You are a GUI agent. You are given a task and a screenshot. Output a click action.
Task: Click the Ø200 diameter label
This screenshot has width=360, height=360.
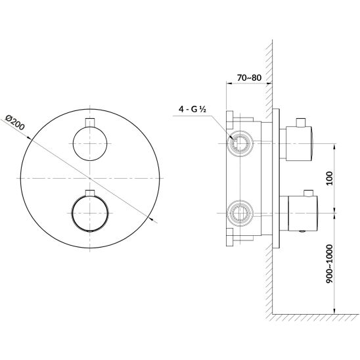click(x=14, y=122)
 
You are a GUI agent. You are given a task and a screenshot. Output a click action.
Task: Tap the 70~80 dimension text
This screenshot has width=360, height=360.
click(x=249, y=78)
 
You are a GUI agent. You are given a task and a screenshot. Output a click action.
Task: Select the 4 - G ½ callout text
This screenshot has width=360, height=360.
click(x=192, y=109)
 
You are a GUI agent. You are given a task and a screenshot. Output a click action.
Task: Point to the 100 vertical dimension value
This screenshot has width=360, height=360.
click(x=330, y=178)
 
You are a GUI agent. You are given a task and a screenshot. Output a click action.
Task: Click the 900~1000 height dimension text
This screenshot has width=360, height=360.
click(x=330, y=264)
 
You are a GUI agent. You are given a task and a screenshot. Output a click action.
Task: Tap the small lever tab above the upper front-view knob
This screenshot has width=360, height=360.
click(x=90, y=122)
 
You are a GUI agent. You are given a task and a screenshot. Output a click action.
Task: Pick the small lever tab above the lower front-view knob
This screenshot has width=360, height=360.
click(x=90, y=193)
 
